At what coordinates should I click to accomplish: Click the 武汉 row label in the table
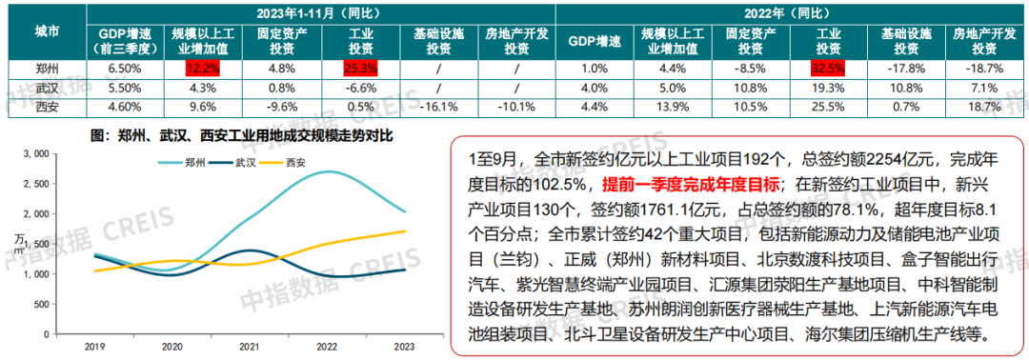tap(46, 87)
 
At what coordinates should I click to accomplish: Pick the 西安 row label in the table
tap(46, 106)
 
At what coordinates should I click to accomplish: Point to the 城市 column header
tap(46, 30)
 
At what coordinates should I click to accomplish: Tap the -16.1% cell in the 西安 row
tap(440, 106)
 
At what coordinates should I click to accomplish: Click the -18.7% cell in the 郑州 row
tap(986, 69)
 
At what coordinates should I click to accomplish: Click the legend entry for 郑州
tap(186, 163)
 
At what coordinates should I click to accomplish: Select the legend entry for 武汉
tap(240, 163)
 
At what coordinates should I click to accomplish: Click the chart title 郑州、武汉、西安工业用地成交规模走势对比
tap(241, 135)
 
